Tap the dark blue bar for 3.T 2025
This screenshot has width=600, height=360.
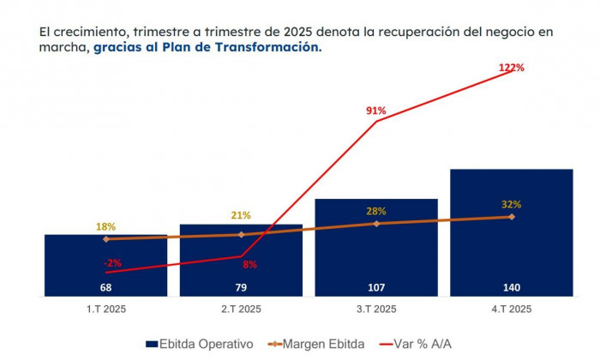click(x=376, y=249)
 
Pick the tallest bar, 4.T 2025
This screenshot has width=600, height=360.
click(x=511, y=232)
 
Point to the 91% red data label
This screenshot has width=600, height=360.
click(x=376, y=111)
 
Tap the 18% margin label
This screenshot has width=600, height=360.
click(x=105, y=226)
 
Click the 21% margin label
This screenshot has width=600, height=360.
click(x=241, y=215)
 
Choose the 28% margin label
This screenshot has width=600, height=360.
click(x=376, y=211)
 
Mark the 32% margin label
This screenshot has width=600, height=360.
click(x=512, y=204)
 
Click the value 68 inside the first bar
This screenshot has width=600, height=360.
click(x=105, y=287)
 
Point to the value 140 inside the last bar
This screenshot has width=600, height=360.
click(x=512, y=287)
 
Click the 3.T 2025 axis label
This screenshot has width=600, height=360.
click(x=376, y=309)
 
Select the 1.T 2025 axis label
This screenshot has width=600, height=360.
click(x=105, y=309)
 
